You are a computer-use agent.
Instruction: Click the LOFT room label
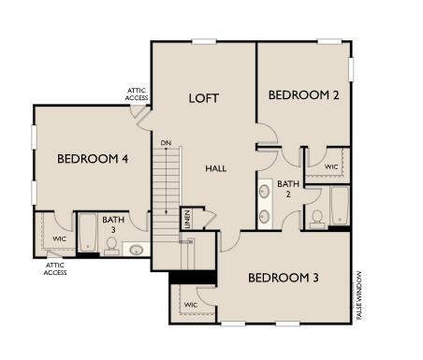tap(203, 98)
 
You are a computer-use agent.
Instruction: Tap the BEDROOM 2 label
tap(302, 95)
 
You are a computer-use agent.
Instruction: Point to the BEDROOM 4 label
tap(93, 158)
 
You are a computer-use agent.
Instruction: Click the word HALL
tap(216, 167)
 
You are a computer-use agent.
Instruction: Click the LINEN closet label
tap(187, 219)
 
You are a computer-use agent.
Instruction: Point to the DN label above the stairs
tap(166, 143)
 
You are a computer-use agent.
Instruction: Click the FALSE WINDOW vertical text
tap(358, 296)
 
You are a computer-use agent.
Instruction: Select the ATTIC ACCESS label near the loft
tap(137, 94)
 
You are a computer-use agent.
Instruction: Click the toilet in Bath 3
tap(111, 245)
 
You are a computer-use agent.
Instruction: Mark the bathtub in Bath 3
tap(87, 233)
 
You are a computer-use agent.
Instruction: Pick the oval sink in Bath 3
tap(137, 250)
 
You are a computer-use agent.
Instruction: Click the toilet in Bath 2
tap(318, 219)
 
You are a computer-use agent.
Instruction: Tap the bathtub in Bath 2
tap(339, 206)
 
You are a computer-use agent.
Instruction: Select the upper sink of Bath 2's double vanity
tap(265, 191)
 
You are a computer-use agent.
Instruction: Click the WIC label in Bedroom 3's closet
tap(191, 305)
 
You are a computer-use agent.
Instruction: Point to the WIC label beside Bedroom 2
tap(331, 166)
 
